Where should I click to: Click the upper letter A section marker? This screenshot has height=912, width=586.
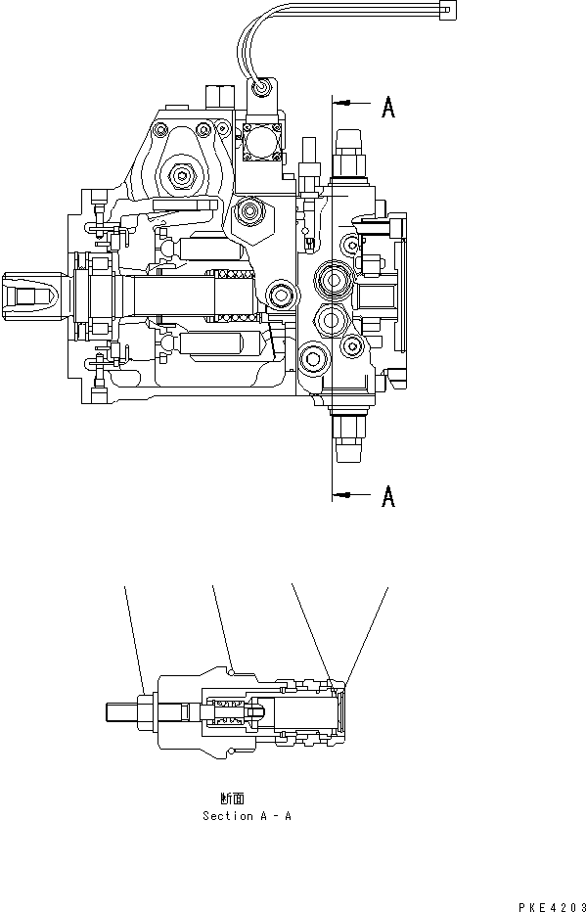pos(387,109)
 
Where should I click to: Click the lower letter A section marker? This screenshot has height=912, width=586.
pos(387,497)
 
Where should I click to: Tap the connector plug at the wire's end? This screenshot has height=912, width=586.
pos(448,10)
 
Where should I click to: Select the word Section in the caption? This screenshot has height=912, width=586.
pos(227,815)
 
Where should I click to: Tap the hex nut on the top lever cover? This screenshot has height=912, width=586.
pos(182,177)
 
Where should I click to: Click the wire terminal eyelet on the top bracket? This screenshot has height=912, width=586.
pos(259,89)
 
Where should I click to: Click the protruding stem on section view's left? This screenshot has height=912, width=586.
pos(122,711)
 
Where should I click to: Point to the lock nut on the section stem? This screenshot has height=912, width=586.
pos(146,711)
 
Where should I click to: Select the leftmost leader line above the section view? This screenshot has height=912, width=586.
pos(134,636)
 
